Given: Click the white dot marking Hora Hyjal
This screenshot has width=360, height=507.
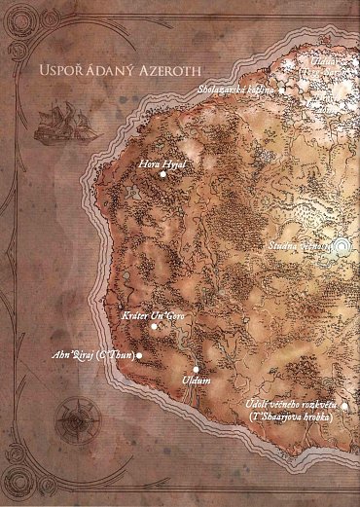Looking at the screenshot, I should coord(162,176).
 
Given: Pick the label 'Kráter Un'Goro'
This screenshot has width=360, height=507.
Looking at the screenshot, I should coord(154,317).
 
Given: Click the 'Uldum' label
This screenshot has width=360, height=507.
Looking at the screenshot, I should coord(197,381).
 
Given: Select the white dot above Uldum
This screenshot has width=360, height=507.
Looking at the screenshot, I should coord(197,369).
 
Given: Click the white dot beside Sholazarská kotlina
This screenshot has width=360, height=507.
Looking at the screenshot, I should coord(282,90).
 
